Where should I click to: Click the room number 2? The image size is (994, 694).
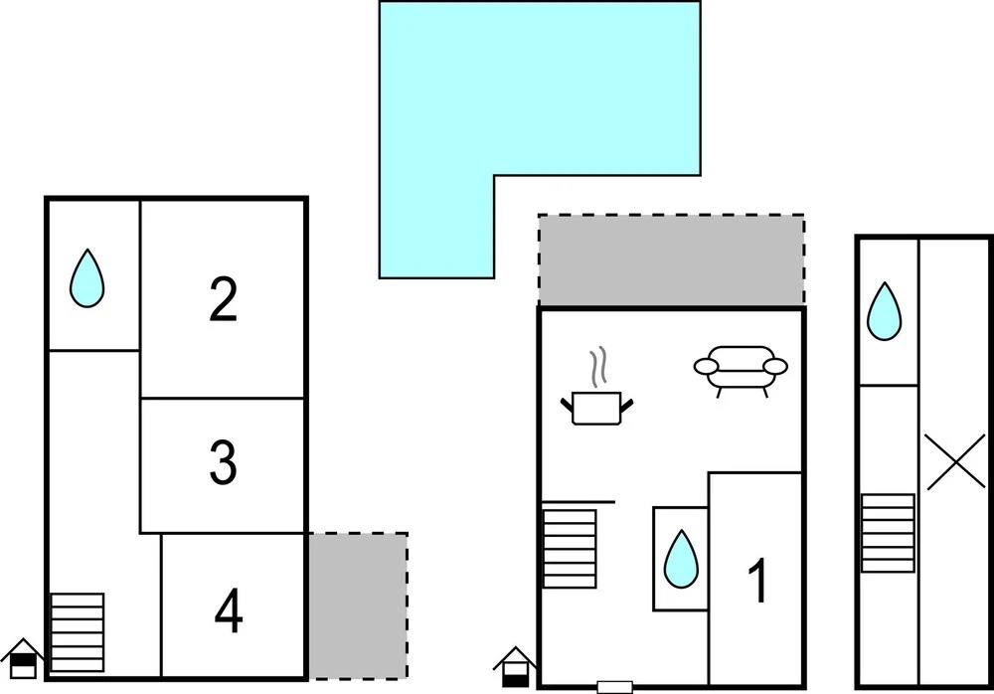click(x=224, y=299)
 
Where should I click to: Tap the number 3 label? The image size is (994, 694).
click(x=224, y=462)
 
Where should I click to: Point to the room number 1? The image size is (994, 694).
click(x=757, y=582)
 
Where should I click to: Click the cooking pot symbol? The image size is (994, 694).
click(x=596, y=408)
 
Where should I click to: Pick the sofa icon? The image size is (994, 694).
click(x=740, y=369)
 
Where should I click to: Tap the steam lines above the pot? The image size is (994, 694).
click(x=597, y=367)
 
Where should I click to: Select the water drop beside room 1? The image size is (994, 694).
click(x=681, y=558)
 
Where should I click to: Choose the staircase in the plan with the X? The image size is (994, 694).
click(x=887, y=533)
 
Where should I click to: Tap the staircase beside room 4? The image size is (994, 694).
click(x=77, y=632)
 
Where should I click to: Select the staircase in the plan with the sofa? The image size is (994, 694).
click(x=570, y=547)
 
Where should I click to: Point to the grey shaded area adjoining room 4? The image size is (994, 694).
click(x=357, y=605)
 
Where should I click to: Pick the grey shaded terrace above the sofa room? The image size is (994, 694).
click(x=671, y=260)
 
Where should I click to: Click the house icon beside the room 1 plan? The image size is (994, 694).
click(x=515, y=667)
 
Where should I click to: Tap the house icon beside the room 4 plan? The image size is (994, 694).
click(x=22, y=659)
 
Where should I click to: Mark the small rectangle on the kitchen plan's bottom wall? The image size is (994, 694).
click(x=614, y=686)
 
